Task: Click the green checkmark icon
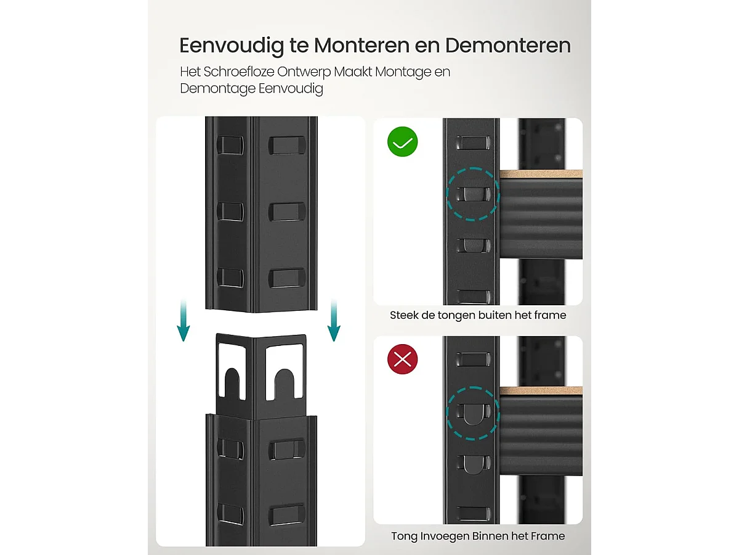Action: tap(402, 142)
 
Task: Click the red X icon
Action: tap(402, 359)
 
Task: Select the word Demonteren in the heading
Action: tap(508, 46)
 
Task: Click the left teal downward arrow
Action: tap(183, 321)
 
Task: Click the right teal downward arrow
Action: tap(333, 321)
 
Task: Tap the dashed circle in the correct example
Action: tap(472, 194)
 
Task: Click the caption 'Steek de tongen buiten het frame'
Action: tap(478, 315)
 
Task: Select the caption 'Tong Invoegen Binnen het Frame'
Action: tap(478, 536)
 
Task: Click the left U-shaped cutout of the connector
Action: tap(235, 382)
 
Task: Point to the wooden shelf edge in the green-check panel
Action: tap(541, 175)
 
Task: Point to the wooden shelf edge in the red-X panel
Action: tap(541, 392)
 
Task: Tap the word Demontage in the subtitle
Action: tap(217, 89)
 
